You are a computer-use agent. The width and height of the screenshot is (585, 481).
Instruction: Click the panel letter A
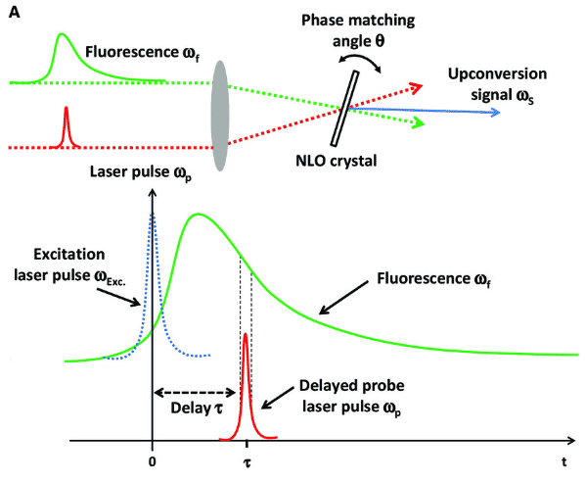(14, 13)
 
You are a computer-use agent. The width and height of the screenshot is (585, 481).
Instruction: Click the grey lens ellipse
(220, 116)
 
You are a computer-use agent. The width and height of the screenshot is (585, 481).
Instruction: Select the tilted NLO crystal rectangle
(344, 109)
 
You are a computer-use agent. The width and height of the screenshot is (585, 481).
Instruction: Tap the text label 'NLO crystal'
(337, 161)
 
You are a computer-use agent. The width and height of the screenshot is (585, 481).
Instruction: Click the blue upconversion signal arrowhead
(495, 112)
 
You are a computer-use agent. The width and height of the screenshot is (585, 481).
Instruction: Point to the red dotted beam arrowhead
(417, 87)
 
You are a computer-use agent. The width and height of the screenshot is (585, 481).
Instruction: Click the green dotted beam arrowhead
(419, 123)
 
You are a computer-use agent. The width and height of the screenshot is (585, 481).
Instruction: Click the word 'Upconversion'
(497, 74)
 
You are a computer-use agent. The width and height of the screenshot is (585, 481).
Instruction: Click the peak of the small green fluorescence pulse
(62, 34)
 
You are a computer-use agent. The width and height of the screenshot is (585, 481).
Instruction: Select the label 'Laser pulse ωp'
(141, 172)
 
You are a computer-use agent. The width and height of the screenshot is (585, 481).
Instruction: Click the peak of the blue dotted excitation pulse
(153, 214)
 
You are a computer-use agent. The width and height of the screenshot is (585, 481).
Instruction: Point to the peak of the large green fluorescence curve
(199, 214)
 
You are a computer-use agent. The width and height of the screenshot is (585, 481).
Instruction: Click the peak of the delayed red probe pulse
(246, 333)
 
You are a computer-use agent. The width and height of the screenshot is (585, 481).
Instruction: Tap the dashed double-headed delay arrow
(195, 393)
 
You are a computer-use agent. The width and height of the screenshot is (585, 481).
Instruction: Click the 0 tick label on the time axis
(152, 462)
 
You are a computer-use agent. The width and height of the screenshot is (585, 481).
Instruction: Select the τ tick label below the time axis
(247, 463)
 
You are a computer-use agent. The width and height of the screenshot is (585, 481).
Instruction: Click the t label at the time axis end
(564, 462)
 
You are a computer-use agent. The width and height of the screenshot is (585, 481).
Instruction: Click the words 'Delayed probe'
(352, 386)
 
